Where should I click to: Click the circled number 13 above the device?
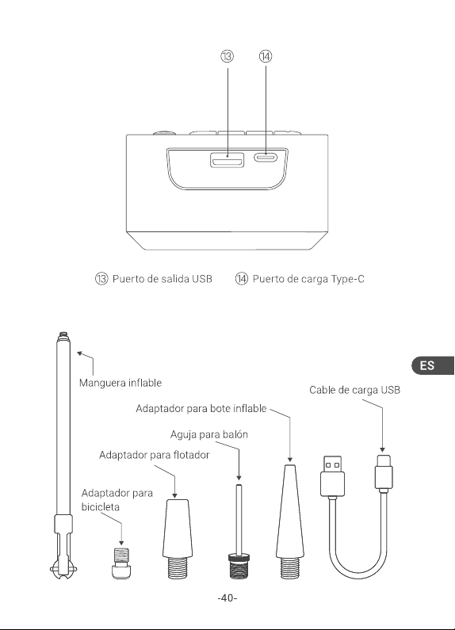pyautogui.click(x=227, y=56)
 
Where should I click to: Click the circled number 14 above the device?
pyautogui.click(x=266, y=56)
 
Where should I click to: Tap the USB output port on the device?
pyautogui.click(x=227, y=160)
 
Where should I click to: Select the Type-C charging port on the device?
pyautogui.click(x=266, y=157)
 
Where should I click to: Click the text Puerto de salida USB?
pyautogui.click(x=162, y=279)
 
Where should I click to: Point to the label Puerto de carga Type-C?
pyautogui.click(x=308, y=279)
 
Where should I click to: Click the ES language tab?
pyautogui.click(x=433, y=365)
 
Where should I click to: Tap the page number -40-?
pyautogui.click(x=227, y=598)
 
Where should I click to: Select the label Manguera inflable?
pyautogui.click(x=120, y=383)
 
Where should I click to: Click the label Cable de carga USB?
pyautogui.click(x=354, y=390)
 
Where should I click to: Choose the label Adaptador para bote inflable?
pyautogui.click(x=201, y=408)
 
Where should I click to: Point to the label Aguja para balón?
pyautogui.click(x=209, y=434)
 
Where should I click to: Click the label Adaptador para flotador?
pyautogui.click(x=154, y=455)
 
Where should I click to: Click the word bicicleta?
pyautogui.click(x=101, y=506)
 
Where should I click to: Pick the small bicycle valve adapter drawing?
pyautogui.click(x=121, y=563)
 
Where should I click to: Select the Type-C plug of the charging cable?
pyautogui.click(x=383, y=473)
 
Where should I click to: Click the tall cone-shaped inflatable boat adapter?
pyautogui.click(x=290, y=521)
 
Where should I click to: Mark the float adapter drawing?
pyautogui.click(x=177, y=539)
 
